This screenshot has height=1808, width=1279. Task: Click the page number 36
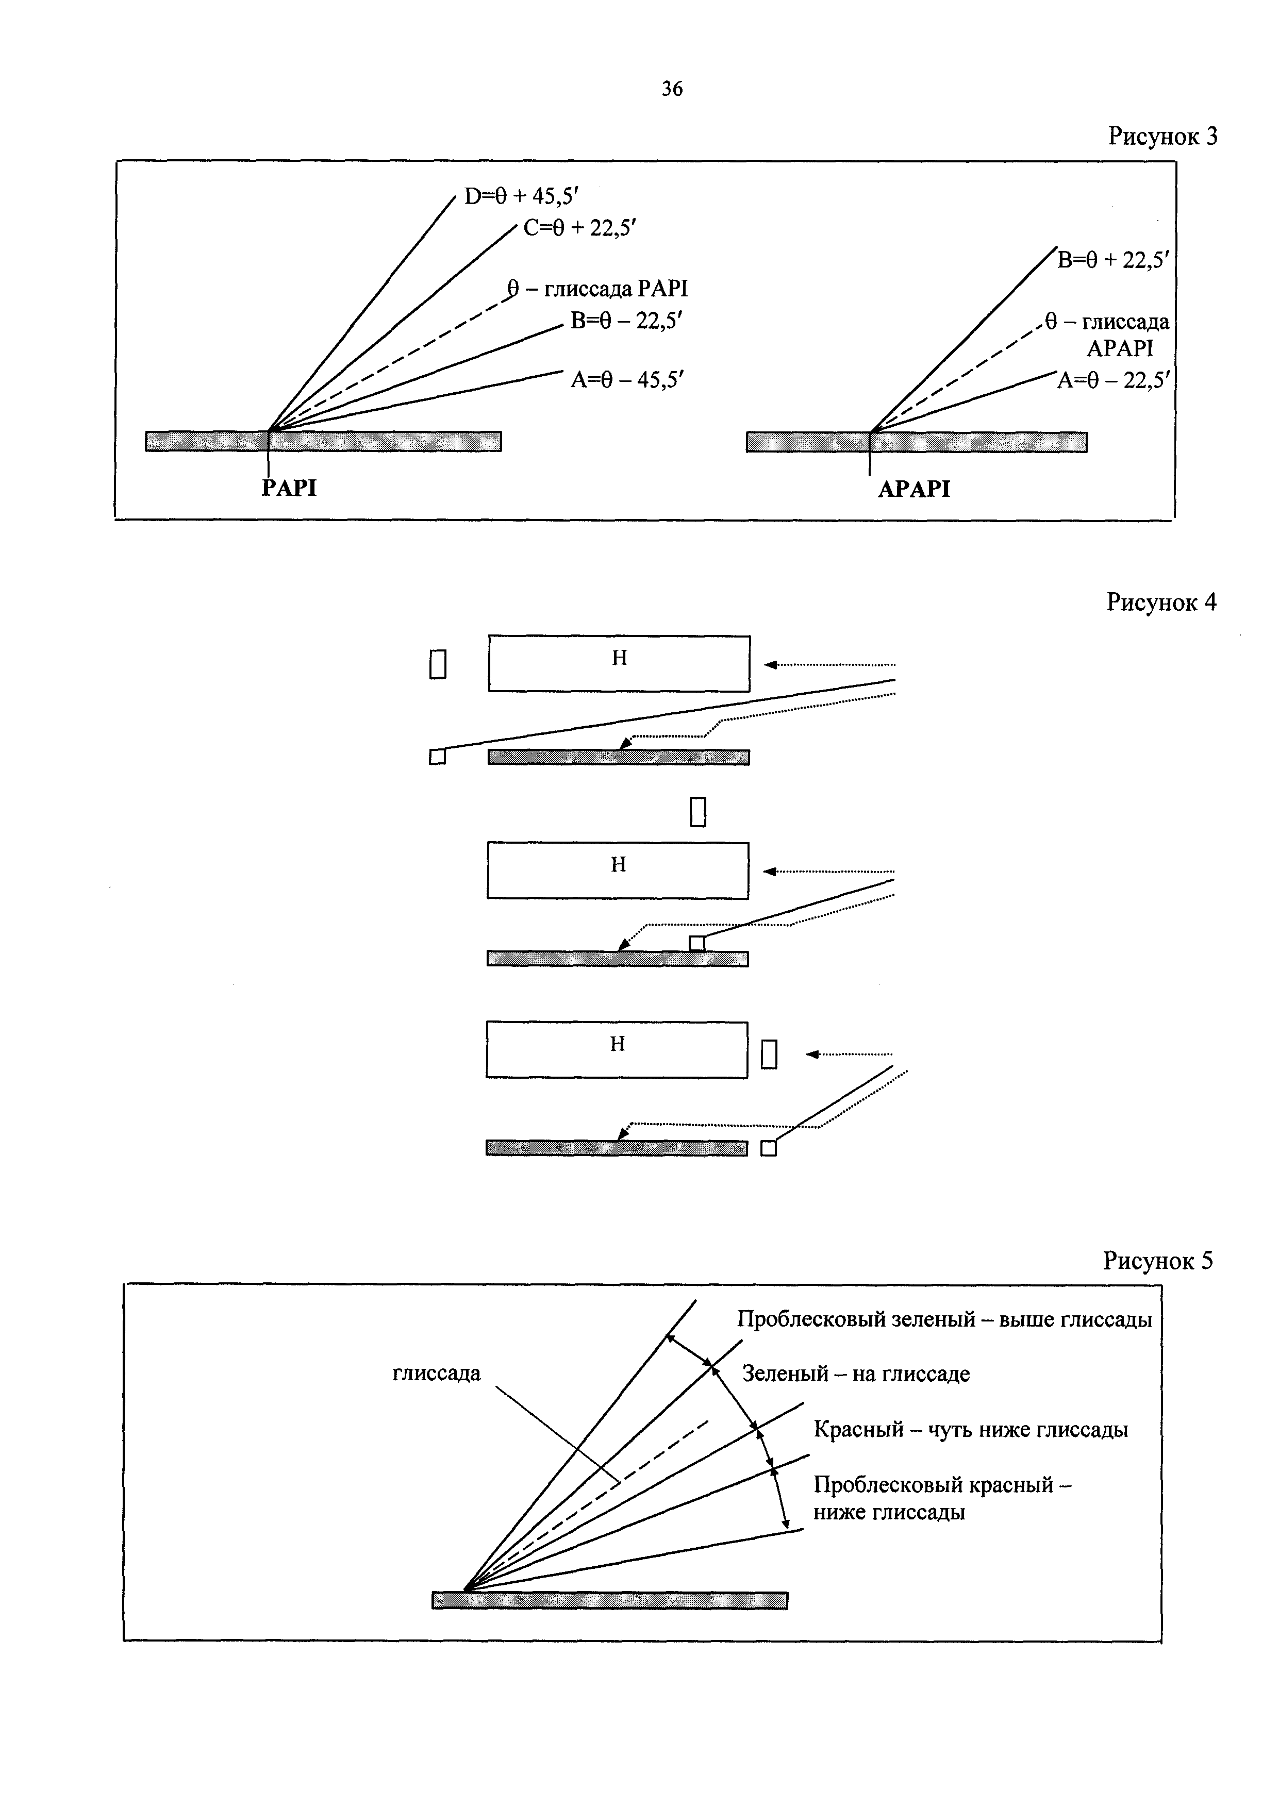click(672, 89)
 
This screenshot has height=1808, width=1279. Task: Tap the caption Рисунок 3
click(1162, 136)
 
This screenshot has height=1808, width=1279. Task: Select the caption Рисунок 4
click(1161, 602)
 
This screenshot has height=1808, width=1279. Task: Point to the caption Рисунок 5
click(1158, 1261)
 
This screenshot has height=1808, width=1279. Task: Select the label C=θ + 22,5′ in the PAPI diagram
click(579, 228)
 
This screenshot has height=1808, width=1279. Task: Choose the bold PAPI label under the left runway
click(289, 488)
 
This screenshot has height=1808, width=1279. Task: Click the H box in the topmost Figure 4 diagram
click(619, 663)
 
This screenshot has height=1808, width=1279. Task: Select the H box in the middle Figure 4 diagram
click(618, 870)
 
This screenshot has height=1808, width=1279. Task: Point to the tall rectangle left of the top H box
click(438, 664)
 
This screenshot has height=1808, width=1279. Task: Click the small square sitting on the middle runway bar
click(697, 943)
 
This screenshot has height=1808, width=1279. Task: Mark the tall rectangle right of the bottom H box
click(770, 1054)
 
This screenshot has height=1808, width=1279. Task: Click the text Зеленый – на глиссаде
click(856, 1374)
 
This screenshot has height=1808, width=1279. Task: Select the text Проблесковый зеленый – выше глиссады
click(945, 1319)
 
